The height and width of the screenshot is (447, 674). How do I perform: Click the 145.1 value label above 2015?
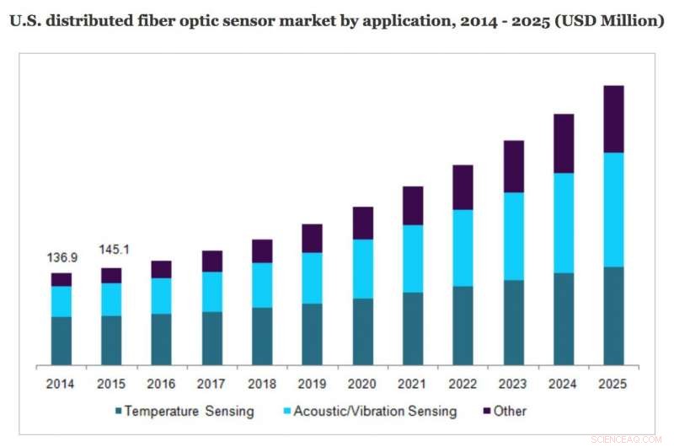click(111, 250)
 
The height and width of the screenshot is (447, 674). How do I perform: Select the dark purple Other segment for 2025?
click(614, 119)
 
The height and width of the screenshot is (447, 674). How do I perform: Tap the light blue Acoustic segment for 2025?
click(614, 209)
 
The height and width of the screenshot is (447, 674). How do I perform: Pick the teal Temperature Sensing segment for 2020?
click(363, 331)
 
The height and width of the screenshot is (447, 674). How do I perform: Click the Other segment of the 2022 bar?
click(463, 187)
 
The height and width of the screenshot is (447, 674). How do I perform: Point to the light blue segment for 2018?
click(262, 285)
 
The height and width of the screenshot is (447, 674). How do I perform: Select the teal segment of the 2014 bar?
click(61, 341)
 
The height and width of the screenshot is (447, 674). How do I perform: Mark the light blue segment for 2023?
click(513, 236)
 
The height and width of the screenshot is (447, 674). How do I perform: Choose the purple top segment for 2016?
click(161, 269)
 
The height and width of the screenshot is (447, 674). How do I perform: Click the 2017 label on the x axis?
click(211, 384)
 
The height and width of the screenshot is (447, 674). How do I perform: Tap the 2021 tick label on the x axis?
click(413, 384)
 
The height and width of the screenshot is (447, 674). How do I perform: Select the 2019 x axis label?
click(312, 384)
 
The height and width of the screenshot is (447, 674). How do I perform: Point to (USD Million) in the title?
click(608, 20)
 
